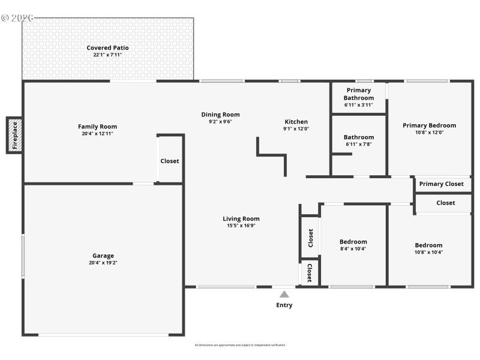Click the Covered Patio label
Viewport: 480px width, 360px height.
tap(107, 48)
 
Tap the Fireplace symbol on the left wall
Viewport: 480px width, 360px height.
tap(15, 135)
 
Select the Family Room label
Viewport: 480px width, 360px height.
tap(97, 127)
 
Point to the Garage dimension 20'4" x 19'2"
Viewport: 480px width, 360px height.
tap(103, 263)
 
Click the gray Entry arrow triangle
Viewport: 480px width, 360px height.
tap(284, 294)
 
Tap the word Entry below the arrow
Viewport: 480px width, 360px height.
tap(284, 305)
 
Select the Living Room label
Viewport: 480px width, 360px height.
tap(241, 219)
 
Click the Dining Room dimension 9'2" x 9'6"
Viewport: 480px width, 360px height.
tap(220, 121)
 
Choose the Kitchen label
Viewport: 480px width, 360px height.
tap(296, 122)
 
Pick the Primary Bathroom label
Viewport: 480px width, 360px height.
tap(359, 94)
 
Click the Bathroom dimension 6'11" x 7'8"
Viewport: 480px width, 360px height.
tap(359, 144)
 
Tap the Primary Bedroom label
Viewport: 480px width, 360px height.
tap(429, 125)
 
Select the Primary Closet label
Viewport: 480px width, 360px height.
tap(441, 184)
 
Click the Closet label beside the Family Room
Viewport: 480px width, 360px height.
tap(170, 161)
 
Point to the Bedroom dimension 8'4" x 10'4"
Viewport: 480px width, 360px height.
tap(353, 249)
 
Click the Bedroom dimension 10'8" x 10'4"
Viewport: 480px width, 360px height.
tap(429, 252)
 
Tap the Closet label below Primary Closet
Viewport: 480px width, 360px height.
tap(445, 203)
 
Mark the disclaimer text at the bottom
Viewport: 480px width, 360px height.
tap(240, 345)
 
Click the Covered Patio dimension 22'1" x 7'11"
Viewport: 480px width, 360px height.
tap(107, 55)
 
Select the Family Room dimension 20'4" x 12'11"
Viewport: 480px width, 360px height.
tap(97, 133)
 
